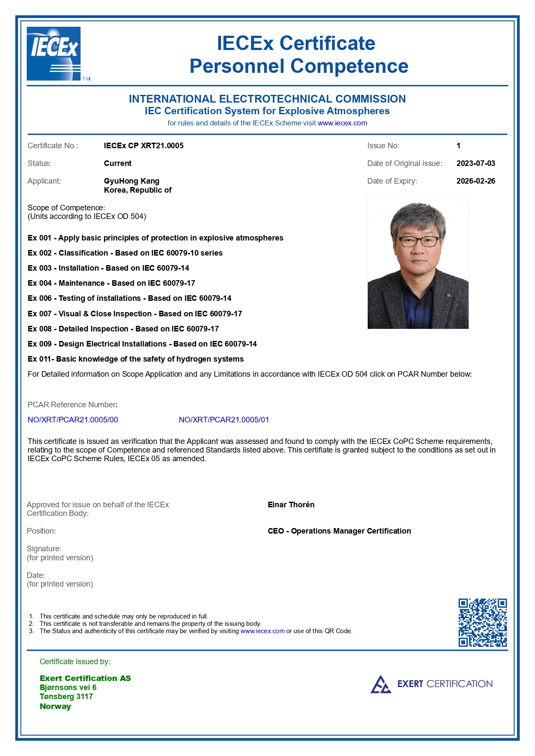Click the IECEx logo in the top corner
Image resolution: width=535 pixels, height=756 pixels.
[x=53, y=53]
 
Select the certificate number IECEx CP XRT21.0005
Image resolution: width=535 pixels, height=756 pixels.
[x=144, y=146]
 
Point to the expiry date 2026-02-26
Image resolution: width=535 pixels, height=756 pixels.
[x=476, y=181]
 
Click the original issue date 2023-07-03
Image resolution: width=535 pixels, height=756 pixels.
[x=476, y=163]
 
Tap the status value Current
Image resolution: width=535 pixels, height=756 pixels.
[x=118, y=163]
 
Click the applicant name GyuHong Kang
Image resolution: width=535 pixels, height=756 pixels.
[x=131, y=181]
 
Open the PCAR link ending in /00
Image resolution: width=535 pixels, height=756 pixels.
[x=73, y=420]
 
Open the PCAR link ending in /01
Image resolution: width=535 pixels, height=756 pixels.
[x=224, y=420]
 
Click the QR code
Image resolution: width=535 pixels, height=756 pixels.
[x=482, y=622]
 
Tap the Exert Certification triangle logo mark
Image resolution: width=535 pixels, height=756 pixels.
[x=381, y=684]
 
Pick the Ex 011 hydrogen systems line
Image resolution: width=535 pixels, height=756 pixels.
[x=135, y=359]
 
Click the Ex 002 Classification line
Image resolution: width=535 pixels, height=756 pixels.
[x=125, y=253]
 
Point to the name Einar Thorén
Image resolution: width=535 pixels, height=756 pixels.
[x=291, y=505]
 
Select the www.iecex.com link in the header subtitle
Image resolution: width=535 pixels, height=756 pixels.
[x=342, y=123]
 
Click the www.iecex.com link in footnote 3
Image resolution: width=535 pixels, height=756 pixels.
[x=262, y=631]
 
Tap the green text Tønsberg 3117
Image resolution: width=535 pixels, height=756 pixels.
[x=66, y=697]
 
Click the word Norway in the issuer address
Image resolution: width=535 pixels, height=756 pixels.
[x=55, y=706]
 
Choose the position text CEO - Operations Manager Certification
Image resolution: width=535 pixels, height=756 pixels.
[x=339, y=531]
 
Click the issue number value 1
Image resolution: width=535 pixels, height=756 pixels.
[x=458, y=146]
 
